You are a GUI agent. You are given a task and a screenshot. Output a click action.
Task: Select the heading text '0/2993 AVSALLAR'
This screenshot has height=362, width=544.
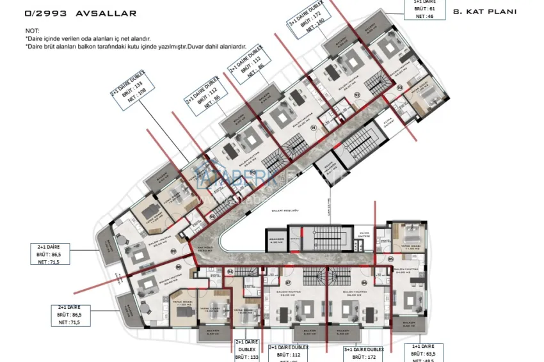[x=81, y=13]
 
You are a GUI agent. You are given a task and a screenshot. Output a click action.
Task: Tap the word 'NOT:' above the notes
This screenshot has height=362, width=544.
[x=32, y=31]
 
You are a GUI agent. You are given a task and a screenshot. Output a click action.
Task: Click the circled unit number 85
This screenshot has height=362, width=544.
[x=391, y=259]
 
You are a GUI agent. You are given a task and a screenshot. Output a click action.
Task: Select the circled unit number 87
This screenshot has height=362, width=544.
[x=288, y=282]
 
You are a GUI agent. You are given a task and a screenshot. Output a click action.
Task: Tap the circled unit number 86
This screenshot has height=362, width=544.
[x=365, y=282]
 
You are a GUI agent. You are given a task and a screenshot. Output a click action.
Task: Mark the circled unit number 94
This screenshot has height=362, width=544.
[x=230, y=272]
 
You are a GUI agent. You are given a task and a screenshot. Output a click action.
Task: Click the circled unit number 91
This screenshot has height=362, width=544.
[x=314, y=128]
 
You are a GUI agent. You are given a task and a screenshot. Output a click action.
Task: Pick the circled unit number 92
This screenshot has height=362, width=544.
[x=358, y=95]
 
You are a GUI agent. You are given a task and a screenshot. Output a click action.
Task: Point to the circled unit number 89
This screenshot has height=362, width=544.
[x=173, y=252]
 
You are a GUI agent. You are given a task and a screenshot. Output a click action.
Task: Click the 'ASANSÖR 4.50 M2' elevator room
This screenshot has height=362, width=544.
[x=276, y=241]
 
